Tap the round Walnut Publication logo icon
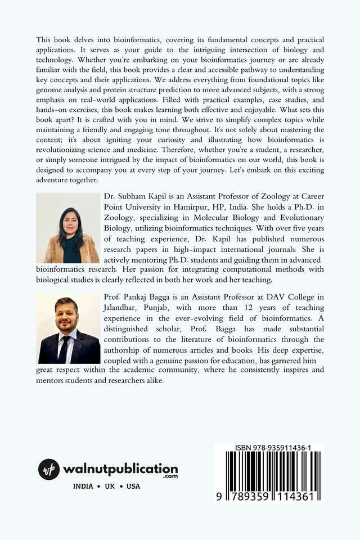coord(49,469)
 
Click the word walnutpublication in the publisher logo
coord(120,469)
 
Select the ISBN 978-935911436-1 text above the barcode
coord(269,448)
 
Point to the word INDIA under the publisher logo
coord(84,487)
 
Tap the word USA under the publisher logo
coord(133,487)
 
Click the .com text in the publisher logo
coord(171,476)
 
